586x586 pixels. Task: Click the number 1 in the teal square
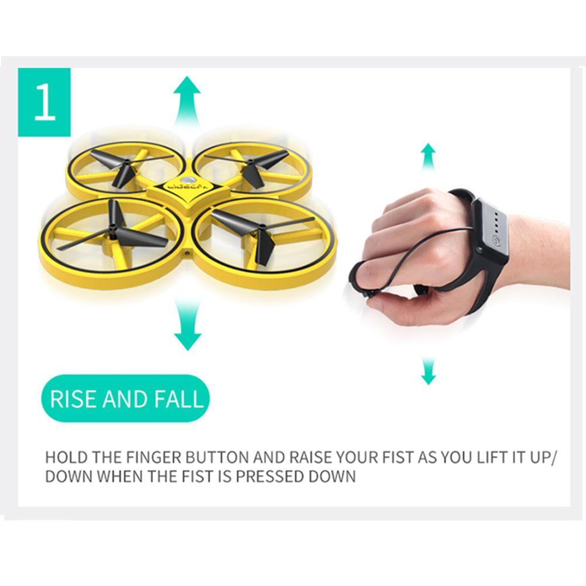point(44,102)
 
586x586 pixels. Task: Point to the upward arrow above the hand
point(429,157)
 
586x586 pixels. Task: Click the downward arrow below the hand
point(429,372)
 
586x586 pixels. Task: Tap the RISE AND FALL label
point(126,399)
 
